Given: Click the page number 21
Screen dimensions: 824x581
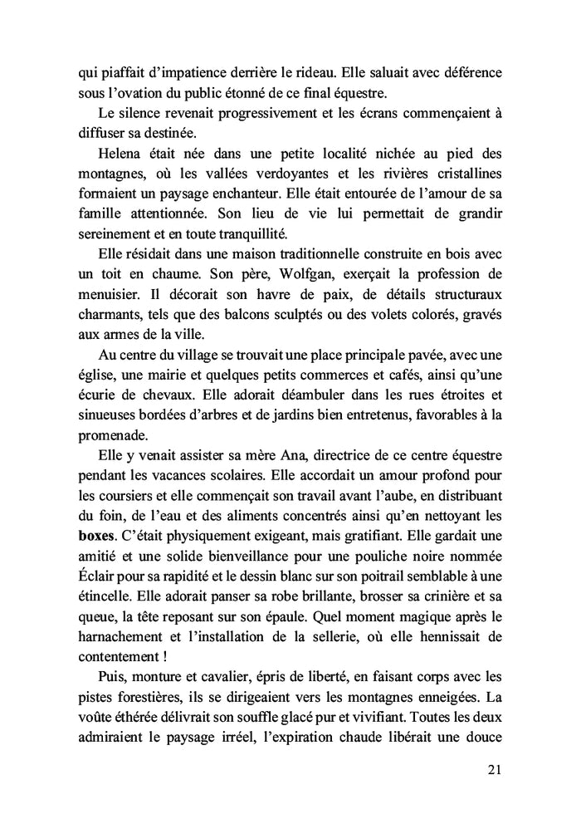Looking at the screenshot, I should [x=492, y=770].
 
